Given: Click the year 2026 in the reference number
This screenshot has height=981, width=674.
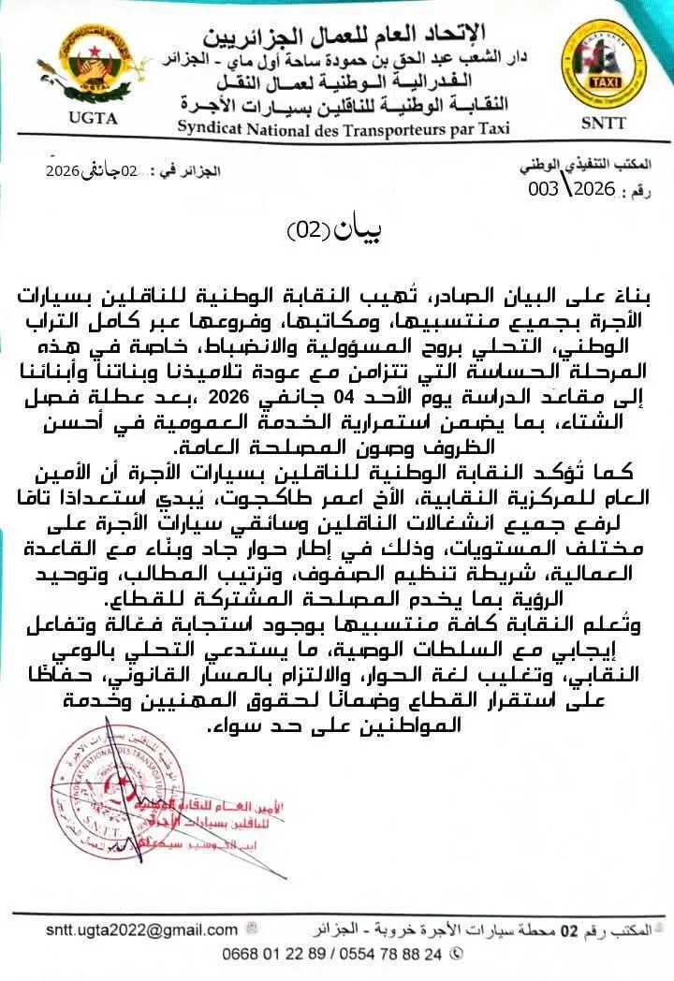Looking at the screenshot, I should pyautogui.click(x=593, y=188).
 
